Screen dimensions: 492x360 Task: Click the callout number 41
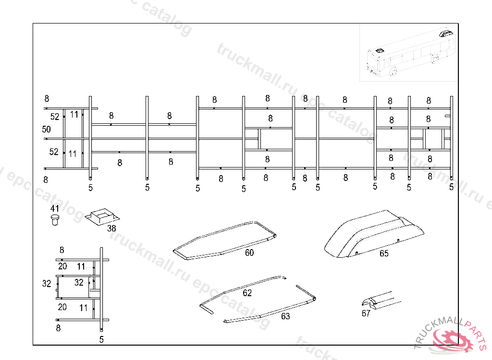55,208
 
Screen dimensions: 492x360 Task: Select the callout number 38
111,228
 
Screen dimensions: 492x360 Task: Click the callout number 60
249,253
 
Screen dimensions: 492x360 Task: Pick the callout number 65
384,253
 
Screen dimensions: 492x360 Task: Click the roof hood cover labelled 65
375,233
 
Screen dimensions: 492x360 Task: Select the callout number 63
285,316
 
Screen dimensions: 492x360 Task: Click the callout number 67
366,313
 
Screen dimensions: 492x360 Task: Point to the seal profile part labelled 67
380,300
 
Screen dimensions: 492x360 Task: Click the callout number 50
46,129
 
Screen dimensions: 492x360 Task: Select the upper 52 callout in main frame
55,117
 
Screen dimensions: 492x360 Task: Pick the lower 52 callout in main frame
55,152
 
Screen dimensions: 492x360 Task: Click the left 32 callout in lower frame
47,284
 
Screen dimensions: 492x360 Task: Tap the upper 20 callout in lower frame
62,266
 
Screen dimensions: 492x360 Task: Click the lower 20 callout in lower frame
62,307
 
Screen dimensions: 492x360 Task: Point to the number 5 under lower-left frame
101,339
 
